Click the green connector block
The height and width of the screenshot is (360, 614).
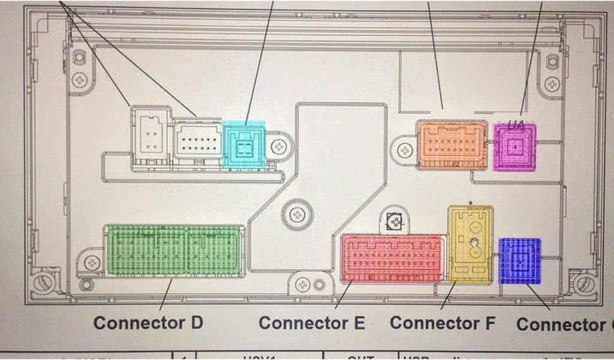click(174, 251)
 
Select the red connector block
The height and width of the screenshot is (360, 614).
click(393, 258)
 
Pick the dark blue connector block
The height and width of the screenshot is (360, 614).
click(520, 260)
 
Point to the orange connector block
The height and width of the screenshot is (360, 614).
click(452, 145)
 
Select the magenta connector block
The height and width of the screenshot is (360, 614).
click(514, 147)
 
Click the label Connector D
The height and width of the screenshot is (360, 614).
click(148, 322)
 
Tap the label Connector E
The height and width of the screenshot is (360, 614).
click(311, 323)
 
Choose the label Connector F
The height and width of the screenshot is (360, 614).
click(443, 323)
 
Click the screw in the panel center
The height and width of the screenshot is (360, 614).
click(296, 214)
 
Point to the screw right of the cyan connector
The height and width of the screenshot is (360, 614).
click(279, 146)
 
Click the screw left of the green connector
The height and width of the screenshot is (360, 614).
click(92, 262)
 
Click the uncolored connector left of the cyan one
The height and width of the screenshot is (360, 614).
click(197, 140)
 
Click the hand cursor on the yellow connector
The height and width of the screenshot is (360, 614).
click(474, 242)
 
